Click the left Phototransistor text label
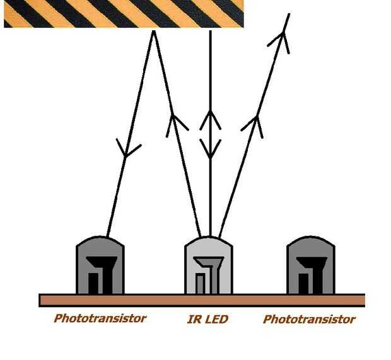coord(100,318)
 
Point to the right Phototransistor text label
coord(309,320)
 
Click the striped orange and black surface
coord(124,14)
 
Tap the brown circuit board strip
coord(202,300)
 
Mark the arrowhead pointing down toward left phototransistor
coord(129,150)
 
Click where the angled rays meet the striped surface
coord(153,29)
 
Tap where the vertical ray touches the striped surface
coord(210,29)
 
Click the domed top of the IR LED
coord(208,245)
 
